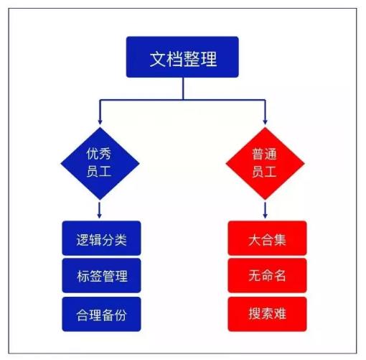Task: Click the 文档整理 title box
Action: (182, 57)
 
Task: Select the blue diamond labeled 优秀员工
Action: (100, 163)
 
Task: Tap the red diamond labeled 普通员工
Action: (265, 163)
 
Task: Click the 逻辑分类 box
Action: (101, 238)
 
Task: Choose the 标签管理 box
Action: (101, 275)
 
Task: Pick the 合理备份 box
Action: (101, 314)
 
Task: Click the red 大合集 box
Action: (267, 238)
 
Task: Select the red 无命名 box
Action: (267, 275)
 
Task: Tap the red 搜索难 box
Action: (267, 314)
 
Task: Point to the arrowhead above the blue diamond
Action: (100, 121)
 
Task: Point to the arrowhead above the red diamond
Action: (265, 121)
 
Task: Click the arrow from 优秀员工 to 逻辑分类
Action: (100, 210)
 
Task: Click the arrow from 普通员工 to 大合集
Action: (265, 210)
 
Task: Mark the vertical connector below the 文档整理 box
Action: (183, 88)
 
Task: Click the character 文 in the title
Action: (158, 59)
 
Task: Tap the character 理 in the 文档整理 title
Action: (209, 59)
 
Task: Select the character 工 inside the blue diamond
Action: (105, 172)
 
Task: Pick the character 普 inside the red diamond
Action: (258, 154)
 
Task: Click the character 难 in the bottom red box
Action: (280, 313)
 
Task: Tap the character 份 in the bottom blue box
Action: (121, 315)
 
